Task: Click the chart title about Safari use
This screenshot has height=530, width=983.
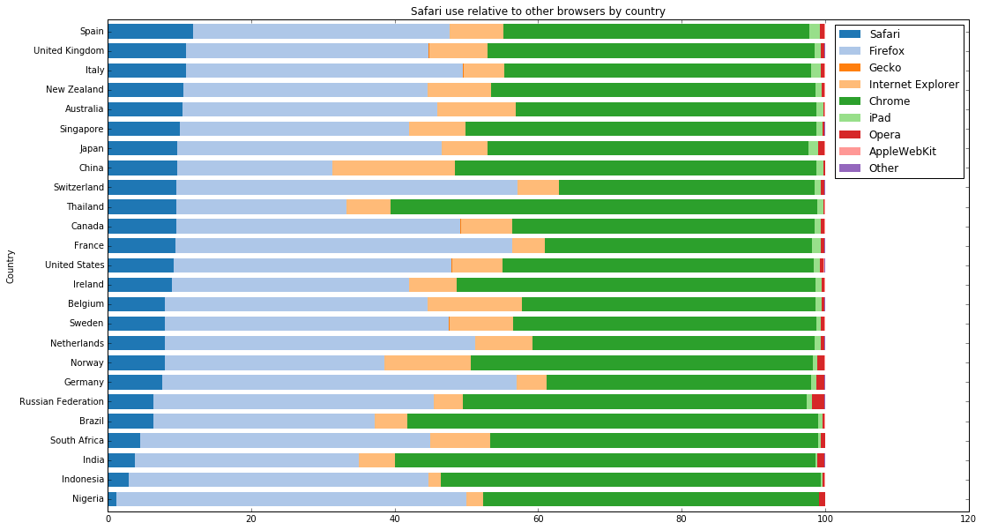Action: (538, 11)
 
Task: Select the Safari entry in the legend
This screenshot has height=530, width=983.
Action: (885, 34)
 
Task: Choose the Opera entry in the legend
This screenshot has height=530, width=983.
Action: (885, 134)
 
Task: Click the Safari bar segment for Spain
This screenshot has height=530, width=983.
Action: (150, 32)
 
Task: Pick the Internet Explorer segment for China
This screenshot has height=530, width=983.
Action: (393, 168)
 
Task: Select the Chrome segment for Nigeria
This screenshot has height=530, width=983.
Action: (651, 499)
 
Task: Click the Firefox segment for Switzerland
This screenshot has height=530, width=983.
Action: (346, 187)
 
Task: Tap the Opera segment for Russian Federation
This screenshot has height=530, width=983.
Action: (818, 401)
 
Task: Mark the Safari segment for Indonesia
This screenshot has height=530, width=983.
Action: (118, 479)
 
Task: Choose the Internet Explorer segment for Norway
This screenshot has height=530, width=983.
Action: (427, 362)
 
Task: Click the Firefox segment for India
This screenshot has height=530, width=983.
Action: (247, 459)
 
